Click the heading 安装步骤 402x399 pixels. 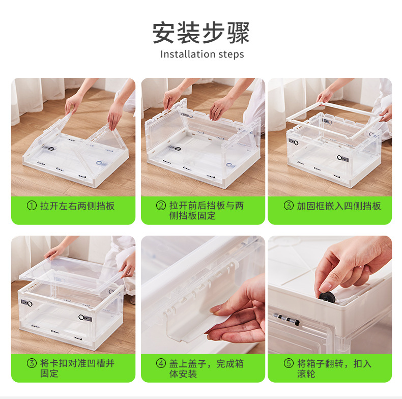[x=201, y=33]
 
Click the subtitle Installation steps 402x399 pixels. [x=202, y=54]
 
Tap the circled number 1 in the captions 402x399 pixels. [x=32, y=206]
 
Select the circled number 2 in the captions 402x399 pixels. [x=161, y=206]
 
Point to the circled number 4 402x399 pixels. [x=161, y=363]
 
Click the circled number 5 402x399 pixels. [x=289, y=363]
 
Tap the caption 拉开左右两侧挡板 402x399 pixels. [x=77, y=206]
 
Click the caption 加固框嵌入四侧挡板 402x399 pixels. [x=339, y=206]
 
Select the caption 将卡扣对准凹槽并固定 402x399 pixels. [x=77, y=368]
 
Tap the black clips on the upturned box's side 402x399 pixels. [x=286, y=319]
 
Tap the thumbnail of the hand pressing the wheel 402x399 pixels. [x=330, y=295]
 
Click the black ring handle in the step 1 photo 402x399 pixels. [x=51, y=149]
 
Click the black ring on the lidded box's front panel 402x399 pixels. [x=81, y=317]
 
